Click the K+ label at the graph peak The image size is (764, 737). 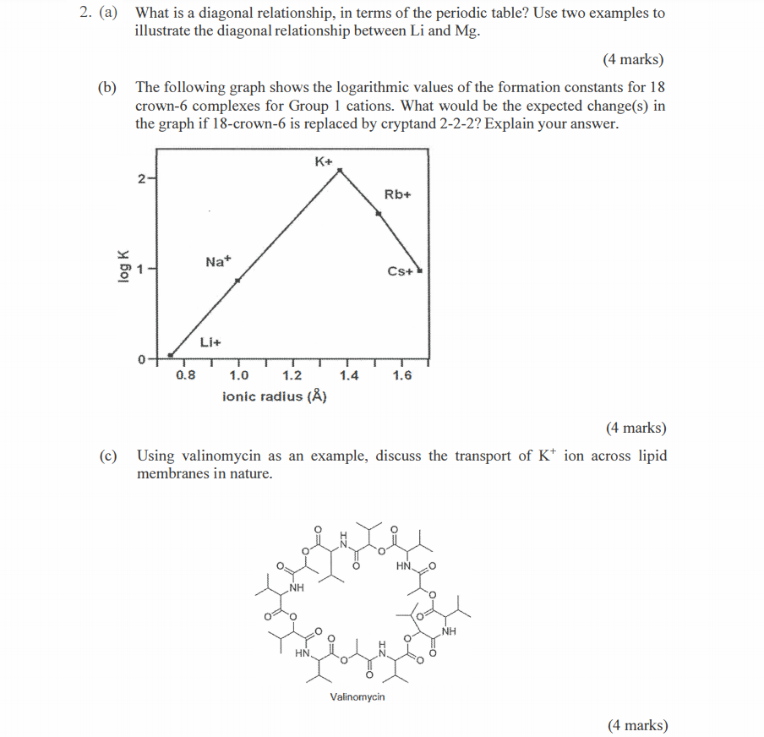(325, 161)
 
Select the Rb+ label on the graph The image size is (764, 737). (397, 194)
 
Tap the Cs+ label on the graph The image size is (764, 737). (400, 271)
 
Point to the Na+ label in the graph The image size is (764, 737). (217, 262)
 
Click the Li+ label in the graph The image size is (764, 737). (210, 342)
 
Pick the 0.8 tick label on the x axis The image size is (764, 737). (185, 375)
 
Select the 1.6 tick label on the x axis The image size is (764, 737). (402, 375)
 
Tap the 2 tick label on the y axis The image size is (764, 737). (141, 177)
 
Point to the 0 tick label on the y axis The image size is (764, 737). (141, 359)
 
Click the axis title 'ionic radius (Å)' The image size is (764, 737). (275, 396)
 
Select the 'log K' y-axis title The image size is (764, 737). (123, 267)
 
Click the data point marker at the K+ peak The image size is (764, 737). (340, 171)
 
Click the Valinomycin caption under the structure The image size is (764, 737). (357, 697)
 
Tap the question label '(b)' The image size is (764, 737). (106, 87)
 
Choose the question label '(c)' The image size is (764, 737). (106, 456)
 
